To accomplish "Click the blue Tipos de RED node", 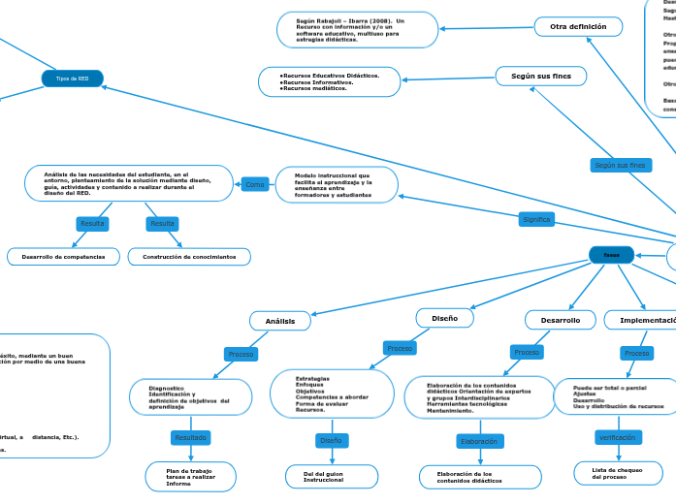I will point(72,79).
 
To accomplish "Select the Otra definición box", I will point(577,27).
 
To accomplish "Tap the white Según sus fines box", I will point(540,75).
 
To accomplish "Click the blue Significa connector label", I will point(536,220).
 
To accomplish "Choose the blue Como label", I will point(255,184).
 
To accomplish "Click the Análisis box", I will point(279,320).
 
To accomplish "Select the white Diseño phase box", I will point(445,317).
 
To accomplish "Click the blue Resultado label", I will point(190,438).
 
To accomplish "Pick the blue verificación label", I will point(618,437).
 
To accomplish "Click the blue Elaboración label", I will point(479,441).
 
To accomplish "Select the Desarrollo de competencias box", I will point(64,257).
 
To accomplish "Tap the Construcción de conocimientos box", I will point(189,257).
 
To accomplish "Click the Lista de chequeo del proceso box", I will point(618,473).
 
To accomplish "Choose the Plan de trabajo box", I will point(190,476).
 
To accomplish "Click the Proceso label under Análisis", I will point(241,355).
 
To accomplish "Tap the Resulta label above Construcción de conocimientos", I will point(162,224).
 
